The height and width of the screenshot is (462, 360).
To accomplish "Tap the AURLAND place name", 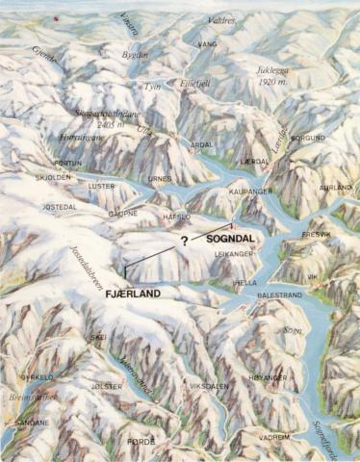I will (334, 188).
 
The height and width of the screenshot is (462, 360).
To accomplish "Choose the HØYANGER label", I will (268, 378).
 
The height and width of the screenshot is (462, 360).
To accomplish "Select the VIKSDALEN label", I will (209, 387).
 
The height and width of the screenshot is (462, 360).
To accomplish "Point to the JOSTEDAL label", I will (58, 206).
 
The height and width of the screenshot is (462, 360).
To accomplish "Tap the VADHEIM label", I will (273, 436).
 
